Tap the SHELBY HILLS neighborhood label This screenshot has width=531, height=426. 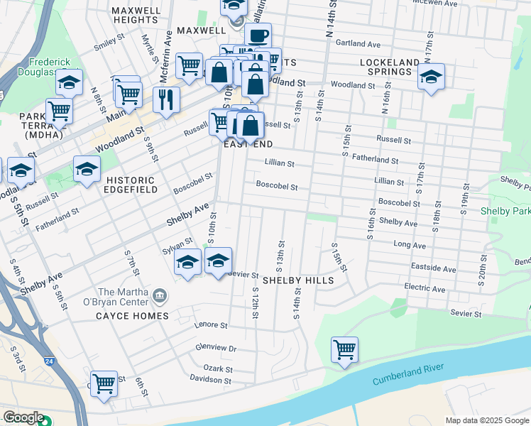[x=298, y=280]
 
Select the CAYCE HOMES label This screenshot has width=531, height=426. [x=133, y=316]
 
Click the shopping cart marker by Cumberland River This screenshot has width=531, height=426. [x=344, y=349]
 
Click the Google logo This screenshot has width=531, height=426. [x=23, y=417]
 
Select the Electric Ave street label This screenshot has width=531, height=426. [x=425, y=289]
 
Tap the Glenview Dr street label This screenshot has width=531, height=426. [x=215, y=348]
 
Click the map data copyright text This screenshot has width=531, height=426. [x=487, y=420]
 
